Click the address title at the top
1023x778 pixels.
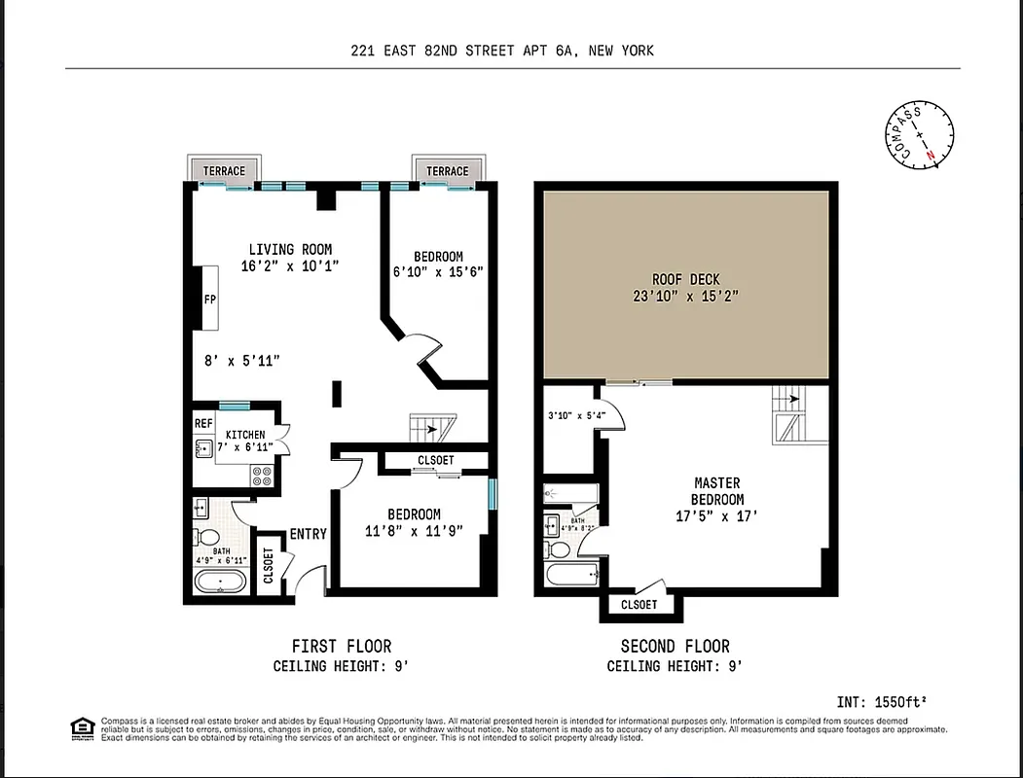(502, 51)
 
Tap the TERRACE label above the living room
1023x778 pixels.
(224, 171)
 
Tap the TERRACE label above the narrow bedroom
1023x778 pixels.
(447, 171)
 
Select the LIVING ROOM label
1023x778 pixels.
(290, 250)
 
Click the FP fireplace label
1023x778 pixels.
(209, 300)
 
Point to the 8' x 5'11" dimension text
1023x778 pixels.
(242, 361)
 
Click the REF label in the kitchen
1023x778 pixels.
(202, 424)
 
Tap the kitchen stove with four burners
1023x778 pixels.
(262, 475)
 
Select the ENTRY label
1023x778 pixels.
(308, 534)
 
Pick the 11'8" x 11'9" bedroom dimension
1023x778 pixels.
(414, 531)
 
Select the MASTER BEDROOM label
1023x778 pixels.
(717, 490)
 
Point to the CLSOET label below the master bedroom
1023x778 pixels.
(639, 605)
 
